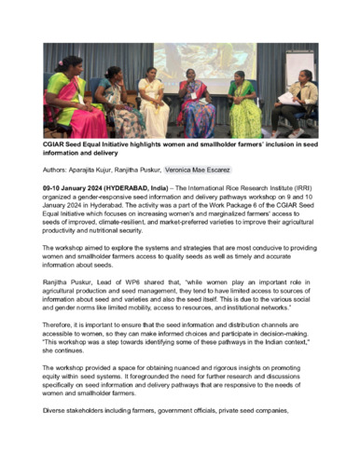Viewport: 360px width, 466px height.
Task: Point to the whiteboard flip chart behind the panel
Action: coord(299,60)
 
